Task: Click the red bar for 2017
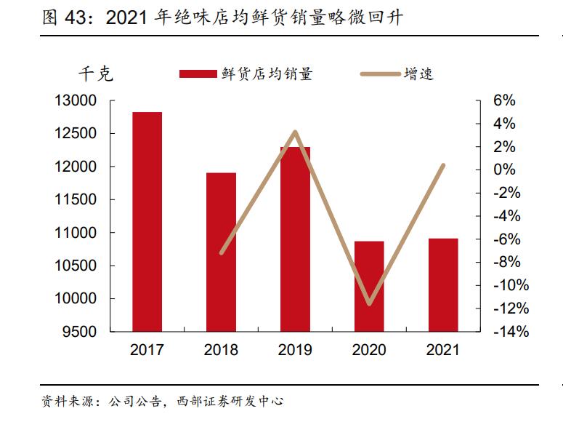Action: tap(147, 222)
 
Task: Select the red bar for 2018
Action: tap(221, 252)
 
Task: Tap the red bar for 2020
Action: tap(369, 286)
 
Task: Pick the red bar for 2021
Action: tap(443, 284)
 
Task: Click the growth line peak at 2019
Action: tap(295, 132)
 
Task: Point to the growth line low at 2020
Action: tap(369, 303)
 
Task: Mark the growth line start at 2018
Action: tap(222, 252)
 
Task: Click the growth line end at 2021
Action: tap(443, 165)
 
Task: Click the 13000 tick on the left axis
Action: tap(76, 100)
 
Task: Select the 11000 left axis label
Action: tap(76, 233)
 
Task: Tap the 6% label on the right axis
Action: tap(504, 100)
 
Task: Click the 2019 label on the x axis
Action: tap(295, 350)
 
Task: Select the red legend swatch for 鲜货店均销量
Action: tap(198, 73)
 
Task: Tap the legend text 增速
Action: tap(418, 73)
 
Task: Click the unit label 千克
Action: tap(95, 73)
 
